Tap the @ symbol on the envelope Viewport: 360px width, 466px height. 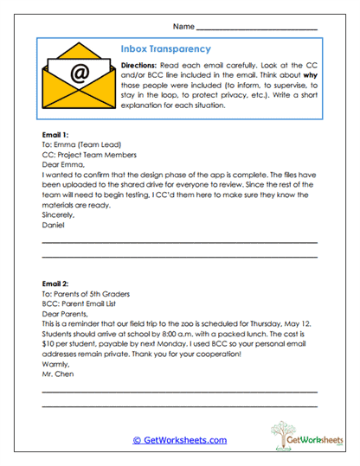[80, 75]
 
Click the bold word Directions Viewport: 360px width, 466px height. [138, 65]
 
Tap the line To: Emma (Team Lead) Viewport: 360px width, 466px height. [80, 145]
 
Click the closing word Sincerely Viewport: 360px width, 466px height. [59, 213]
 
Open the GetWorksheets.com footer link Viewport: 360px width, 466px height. [179, 440]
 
